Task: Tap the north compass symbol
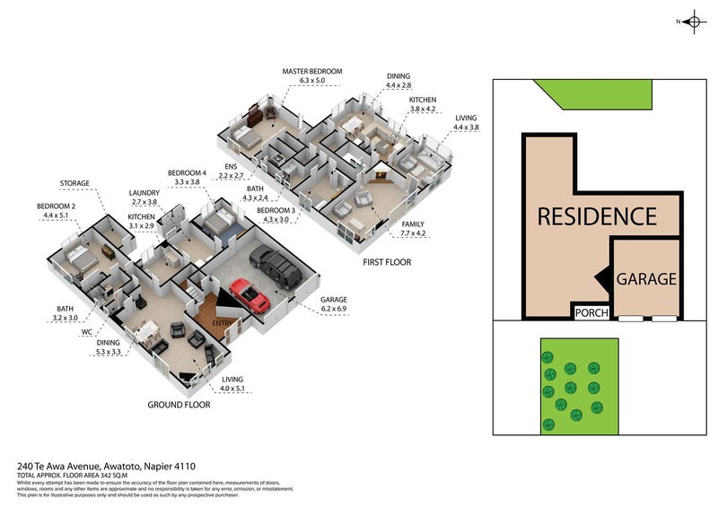[692, 22]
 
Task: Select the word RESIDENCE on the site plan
[597, 216]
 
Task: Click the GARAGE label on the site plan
[646, 279]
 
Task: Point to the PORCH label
[592, 313]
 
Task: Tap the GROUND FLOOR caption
[179, 405]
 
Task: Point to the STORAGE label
[75, 183]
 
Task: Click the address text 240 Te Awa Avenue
[63, 466]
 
